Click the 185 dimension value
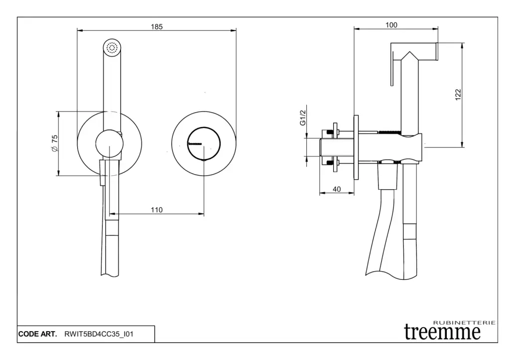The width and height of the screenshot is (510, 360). tap(156, 27)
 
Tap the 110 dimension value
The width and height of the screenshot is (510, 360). tap(156, 210)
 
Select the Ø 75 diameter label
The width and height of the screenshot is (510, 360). tap(55, 143)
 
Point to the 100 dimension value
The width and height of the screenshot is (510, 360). tap(391, 25)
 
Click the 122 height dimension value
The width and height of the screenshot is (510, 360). tap(458, 95)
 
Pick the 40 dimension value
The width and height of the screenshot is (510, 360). tap(337, 189)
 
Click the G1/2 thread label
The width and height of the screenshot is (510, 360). tap(303, 118)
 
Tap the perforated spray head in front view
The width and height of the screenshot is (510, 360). tap(112, 48)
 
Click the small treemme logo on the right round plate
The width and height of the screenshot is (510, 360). tap(195, 143)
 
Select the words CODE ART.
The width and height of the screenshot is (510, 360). tap(37, 334)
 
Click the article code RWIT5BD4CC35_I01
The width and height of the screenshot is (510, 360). tap(99, 334)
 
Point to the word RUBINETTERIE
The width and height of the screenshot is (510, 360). tap(465, 323)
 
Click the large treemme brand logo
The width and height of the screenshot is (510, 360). tap(442, 332)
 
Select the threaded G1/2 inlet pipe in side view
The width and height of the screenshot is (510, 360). tap(337, 147)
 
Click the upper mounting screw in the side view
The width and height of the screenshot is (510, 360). tap(331, 132)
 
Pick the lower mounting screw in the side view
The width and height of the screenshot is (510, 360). tap(331, 162)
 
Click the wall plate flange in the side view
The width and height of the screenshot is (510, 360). tap(356, 147)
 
